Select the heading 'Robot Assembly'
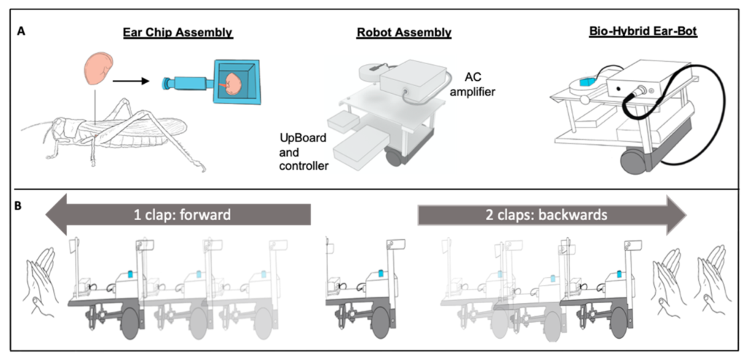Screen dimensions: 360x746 tap(404, 32)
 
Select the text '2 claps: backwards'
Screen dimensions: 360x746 tap(544, 214)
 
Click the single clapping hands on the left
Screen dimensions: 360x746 tap(43, 278)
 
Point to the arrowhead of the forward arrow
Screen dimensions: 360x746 tap(58, 214)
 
